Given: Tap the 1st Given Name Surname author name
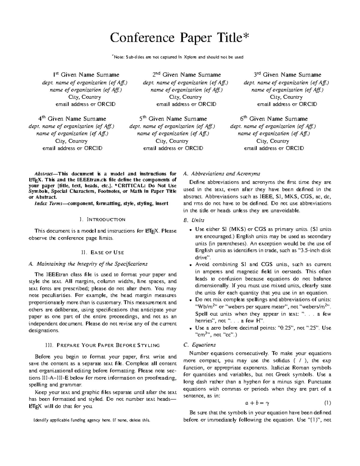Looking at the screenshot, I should click(86, 75).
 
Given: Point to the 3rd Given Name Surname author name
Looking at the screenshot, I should click(287, 75).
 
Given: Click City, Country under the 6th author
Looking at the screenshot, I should click(273, 141).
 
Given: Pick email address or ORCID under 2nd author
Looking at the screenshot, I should click(186, 104).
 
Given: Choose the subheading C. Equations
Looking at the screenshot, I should click(199, 345).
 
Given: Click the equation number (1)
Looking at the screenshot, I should click(327, 403).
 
